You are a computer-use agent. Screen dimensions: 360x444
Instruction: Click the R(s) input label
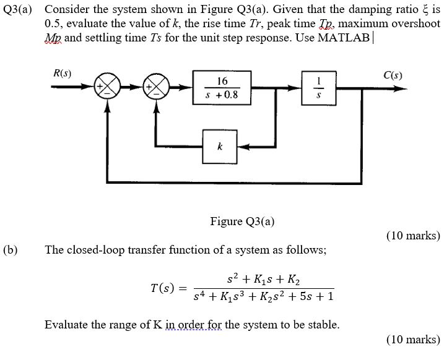[x=63, y=74]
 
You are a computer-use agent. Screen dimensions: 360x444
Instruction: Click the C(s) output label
[x=393, y=76]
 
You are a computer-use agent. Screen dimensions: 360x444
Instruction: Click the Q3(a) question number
[x=20, y=9]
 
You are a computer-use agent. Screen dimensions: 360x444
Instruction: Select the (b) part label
[x=10, y=250]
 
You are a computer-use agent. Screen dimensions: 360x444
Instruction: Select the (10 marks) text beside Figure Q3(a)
[x=412, y=235]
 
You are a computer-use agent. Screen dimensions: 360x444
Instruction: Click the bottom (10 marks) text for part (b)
[x=412, y=339]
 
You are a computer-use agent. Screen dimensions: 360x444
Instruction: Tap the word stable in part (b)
[x=324, y=324]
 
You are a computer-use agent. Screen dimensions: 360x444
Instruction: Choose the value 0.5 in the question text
[x=53, y=23]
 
